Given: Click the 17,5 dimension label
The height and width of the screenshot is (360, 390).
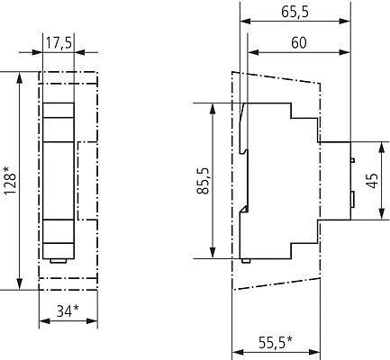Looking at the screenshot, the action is pos(59,43).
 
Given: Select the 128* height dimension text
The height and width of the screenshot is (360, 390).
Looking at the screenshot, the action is pos(10,180).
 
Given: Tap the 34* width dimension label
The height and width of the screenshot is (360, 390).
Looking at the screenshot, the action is pos(68,310).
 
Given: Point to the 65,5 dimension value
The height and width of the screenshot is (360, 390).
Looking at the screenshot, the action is pos(295,12).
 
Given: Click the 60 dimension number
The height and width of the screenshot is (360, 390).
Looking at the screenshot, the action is pos(299,43).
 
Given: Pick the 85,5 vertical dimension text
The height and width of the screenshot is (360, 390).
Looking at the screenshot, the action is pos(204,181).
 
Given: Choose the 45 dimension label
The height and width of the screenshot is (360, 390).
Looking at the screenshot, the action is pos(373,181).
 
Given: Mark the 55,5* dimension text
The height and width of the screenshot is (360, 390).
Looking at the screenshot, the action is pos(276,343).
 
